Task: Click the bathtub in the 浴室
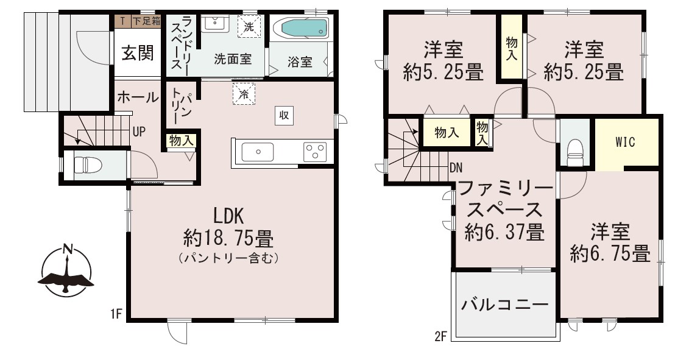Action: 300,29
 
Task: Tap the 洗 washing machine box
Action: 249,27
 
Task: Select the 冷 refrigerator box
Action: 244,94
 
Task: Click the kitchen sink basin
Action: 258,152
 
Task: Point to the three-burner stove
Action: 315,152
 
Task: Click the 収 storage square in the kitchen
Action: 284,116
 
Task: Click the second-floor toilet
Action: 574,152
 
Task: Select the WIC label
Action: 625,142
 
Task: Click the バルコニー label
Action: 505,304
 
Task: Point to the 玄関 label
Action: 138,53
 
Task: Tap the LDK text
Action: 228,216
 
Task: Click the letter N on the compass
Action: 67,249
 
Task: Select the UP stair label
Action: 139,132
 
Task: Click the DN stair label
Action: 456,168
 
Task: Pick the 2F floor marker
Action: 440,337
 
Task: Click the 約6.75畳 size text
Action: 610,253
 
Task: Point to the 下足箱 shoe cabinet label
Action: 146,20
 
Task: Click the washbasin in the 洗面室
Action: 214,24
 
